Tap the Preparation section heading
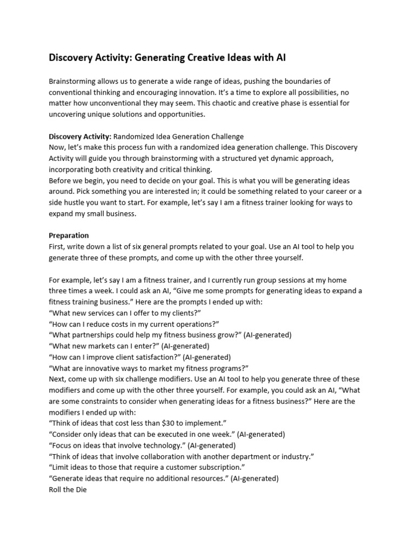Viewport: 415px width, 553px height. tap(69, 235)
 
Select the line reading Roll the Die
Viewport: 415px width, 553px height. tap(68, 489)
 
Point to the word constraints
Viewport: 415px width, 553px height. tap(94, 401)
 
